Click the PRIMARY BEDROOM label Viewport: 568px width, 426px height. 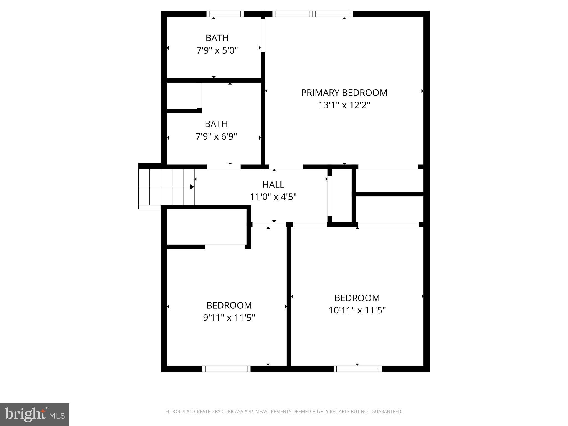(344, 93)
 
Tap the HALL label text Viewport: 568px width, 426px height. (273, 184)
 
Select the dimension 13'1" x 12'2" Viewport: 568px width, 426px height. (344, 105)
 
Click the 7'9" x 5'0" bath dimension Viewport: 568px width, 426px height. (217, 50)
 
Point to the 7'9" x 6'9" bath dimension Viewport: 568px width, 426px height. (216, 136)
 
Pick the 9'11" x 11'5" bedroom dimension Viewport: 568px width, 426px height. (229, 318)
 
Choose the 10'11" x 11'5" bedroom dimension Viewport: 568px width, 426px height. (357, 310)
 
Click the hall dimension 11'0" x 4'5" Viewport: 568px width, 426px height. (273, 197)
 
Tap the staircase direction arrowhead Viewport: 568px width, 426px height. (192, 187)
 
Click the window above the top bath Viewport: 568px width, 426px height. (225, 14)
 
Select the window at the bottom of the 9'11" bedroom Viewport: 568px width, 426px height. (226, 369)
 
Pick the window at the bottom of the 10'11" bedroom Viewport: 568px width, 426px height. (357, 369)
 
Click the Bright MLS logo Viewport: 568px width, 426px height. (35, 414)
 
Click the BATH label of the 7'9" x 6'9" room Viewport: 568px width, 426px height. (216, 124)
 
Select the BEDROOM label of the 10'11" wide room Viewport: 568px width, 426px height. (357, 298)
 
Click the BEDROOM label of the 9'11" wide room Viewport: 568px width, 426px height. (229, 305)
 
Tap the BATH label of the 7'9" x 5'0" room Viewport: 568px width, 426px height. (217, 38)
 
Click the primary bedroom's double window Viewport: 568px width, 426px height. (313, 14)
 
